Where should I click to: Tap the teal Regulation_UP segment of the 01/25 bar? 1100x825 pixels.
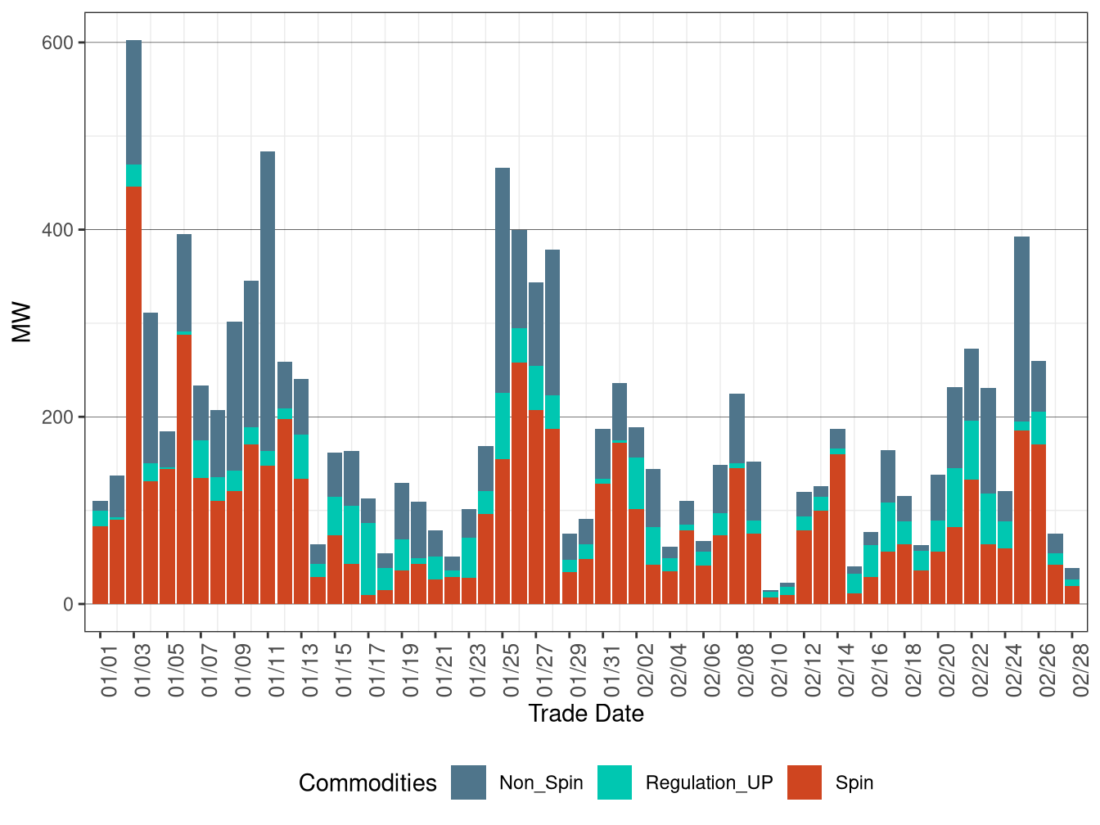[x=503, y=426]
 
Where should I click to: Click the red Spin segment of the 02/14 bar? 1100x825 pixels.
[x=837, y=529]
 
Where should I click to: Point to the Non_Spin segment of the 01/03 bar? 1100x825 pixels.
[x=133, y=102]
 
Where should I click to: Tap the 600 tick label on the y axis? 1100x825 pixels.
[x=57, y=43]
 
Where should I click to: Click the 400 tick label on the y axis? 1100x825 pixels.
[x=57, y=230]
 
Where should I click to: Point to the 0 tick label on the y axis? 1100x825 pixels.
[x=68, y=604]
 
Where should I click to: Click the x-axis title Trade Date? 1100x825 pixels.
[x=586, y=714]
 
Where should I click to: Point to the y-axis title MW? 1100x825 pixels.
[x=22, y=322]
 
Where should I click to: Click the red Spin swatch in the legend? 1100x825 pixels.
[x=804, y=782]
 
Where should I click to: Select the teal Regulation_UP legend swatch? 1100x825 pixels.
[x=615, y=782]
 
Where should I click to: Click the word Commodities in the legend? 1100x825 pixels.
[x=367, y=783]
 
